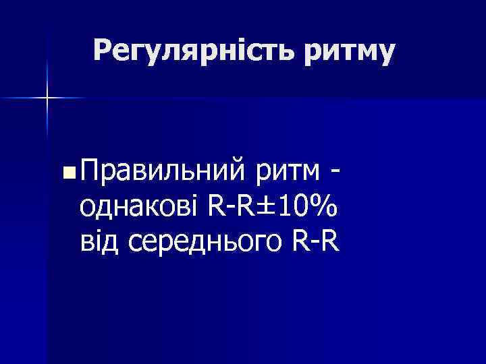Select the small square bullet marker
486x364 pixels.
(x=65, y=175)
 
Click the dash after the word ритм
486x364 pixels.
(x=335, y=174)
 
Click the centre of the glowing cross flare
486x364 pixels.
(x=48, y=98)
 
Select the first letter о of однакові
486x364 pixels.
(x=87, y=209)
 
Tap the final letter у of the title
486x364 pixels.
(x=385, y=54)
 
